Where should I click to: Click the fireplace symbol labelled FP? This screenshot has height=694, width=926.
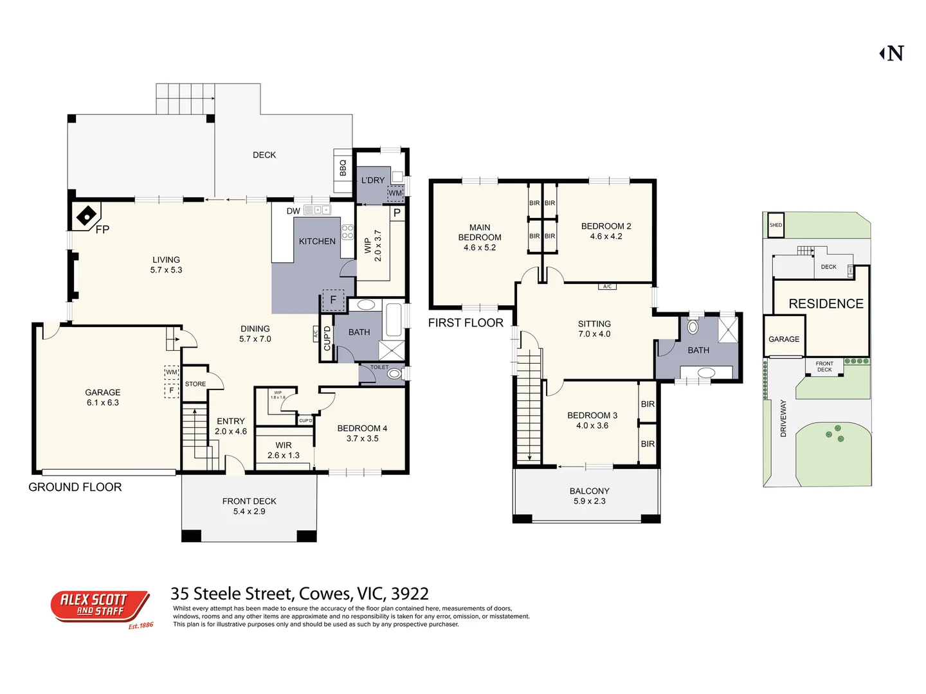(87, 216)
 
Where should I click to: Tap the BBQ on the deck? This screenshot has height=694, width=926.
(342, 168)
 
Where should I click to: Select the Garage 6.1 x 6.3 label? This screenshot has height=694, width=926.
(103, 397)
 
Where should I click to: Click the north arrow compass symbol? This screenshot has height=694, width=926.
(893, 53)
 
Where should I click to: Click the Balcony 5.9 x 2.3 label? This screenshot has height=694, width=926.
(589, 495)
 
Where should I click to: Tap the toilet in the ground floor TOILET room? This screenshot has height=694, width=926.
(394, 373)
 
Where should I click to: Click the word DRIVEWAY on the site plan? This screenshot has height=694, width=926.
(783, 418)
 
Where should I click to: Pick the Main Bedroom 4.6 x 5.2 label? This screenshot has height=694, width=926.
(480, 237)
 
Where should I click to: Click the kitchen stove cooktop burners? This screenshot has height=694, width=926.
(347, 232)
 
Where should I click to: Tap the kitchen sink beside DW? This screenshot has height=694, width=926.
(317, 210)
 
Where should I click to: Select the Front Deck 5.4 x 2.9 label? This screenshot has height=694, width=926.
(249, 506)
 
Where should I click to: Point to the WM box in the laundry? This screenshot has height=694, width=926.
(395, 193)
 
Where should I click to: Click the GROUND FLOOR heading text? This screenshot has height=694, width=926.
(75, 487)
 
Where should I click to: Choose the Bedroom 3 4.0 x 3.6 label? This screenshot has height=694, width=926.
(592, 420)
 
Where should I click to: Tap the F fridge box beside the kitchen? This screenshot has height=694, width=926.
(333, 299)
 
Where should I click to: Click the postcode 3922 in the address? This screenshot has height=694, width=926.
(410, 594)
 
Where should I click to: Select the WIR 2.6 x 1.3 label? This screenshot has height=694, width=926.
(284, 450)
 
